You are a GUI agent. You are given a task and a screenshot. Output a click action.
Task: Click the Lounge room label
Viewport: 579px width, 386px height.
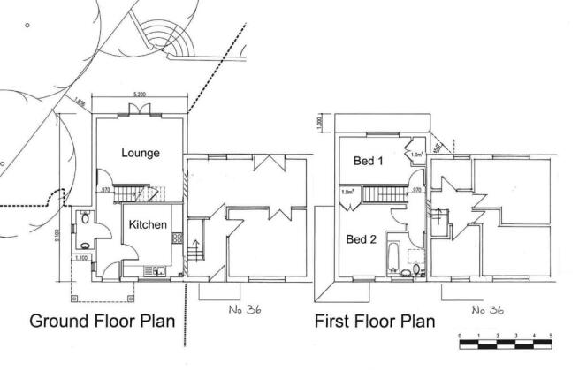click(x=140, y=153)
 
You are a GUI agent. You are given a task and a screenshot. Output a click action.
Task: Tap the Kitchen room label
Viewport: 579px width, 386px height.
click(x=148, y=225)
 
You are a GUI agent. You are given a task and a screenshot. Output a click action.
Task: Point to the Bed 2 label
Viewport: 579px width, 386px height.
click(x=362, y=239)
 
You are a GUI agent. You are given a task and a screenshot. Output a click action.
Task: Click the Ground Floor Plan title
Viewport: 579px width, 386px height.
click(x=103, y=321)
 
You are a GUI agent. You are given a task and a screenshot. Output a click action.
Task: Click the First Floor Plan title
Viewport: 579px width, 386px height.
click(x=375, y=322)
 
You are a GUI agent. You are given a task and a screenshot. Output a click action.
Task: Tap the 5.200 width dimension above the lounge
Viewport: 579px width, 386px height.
click(x=140, y=94)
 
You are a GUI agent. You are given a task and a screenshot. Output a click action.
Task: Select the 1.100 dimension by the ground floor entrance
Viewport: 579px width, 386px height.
click(x=81, y=258)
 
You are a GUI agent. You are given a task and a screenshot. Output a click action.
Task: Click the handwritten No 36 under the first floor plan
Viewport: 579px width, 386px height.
click(x=487, y=310)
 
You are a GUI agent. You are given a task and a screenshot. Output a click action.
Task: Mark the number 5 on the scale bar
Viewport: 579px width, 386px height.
click(x=552, y=337)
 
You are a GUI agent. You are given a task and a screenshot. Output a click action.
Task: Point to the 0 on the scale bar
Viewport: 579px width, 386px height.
click(x=460, y=337)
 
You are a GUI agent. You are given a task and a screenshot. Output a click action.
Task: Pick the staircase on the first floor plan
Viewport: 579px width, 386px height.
click(x=385, y=193)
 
